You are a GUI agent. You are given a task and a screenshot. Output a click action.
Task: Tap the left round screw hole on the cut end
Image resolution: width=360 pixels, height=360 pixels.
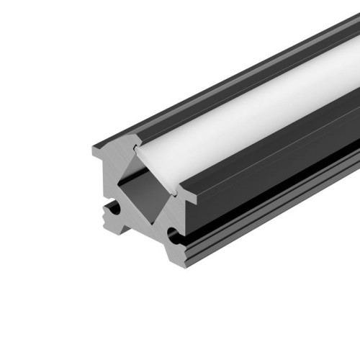(x=110, y=212)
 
